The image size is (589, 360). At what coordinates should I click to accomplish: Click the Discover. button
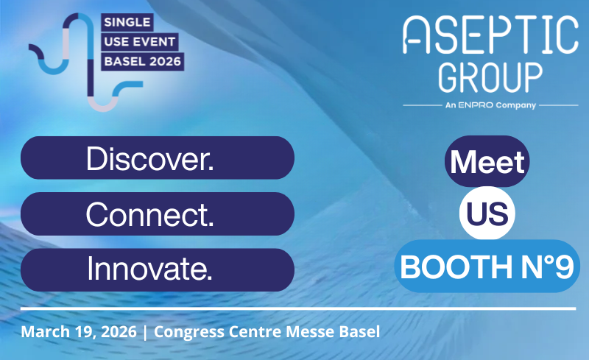(x=157, y=158)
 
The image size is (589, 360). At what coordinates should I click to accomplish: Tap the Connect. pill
(x=157, y=213)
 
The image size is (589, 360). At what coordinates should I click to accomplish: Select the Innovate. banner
(x=157, y=269)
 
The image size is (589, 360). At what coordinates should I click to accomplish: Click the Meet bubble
(x=487, y=160)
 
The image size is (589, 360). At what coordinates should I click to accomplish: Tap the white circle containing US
(x=487, y=213)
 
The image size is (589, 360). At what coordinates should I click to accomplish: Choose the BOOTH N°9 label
(x=487, y=268)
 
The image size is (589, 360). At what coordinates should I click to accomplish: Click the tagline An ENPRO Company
(x=490, y=105)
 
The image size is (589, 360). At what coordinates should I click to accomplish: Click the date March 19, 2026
(x=79, y=332)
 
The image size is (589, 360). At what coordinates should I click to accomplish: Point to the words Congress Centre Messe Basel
(x=267, y=332)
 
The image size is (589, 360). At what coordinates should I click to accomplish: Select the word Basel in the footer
(x=359, y=332)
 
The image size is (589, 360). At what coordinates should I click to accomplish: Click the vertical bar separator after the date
(x=145, y=332)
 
